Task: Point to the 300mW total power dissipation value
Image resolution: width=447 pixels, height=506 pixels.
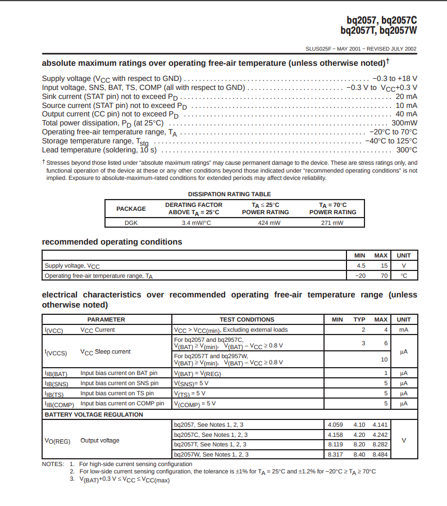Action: coord(404,123)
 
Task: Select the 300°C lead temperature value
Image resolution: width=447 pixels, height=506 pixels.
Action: coord(407,150)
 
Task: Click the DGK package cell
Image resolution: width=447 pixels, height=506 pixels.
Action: coord(131,223)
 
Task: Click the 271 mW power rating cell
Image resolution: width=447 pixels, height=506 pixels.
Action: coord(332,223)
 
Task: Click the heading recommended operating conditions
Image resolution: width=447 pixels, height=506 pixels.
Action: coord(112,242)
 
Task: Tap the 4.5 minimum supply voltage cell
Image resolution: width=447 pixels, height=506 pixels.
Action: coord(361,265)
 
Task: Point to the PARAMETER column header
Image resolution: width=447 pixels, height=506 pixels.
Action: coord(106,319)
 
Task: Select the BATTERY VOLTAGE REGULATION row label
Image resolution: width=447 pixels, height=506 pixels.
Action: coord(94,414)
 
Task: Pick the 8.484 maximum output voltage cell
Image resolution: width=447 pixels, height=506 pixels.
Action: coord(380,454)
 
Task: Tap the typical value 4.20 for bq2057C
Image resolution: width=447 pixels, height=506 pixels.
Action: coord(359,435)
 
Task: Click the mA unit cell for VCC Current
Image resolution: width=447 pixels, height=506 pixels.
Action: coord(403,329)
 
